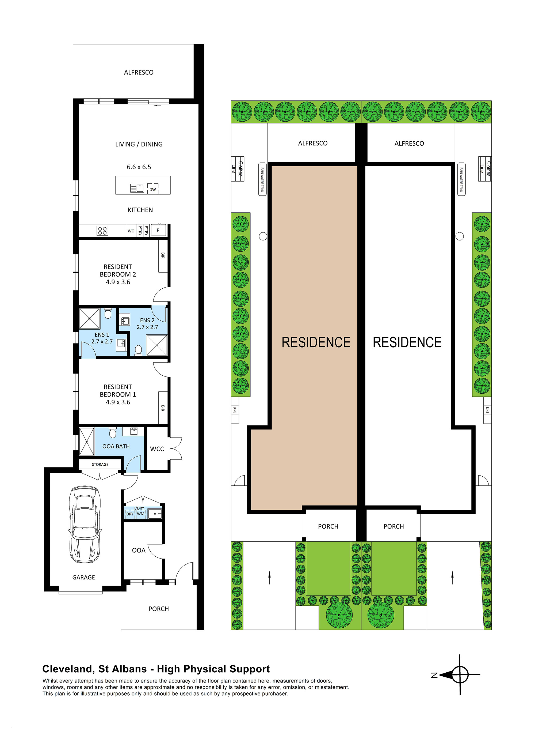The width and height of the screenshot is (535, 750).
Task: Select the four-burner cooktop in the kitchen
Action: (x=102, y=231)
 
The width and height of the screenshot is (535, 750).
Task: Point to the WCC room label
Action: (x=157, y=449)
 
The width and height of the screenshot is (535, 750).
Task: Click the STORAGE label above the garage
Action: (x=100, y=464)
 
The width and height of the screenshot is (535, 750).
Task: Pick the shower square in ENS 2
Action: (x=157, y=345)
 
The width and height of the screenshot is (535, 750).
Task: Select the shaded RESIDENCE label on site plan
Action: (x=316, y=342)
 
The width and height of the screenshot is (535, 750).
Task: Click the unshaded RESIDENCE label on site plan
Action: (x=407, y=342)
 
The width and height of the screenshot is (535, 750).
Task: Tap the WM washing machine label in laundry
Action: (x=141, y=514)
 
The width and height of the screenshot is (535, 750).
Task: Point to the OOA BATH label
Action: (x=116, y=446)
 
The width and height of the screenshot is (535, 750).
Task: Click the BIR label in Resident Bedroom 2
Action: (x=163, y=255)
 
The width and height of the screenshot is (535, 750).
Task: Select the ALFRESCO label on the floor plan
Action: (x=139, y=72)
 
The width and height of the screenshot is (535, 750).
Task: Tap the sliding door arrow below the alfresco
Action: (x=157, y=105)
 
